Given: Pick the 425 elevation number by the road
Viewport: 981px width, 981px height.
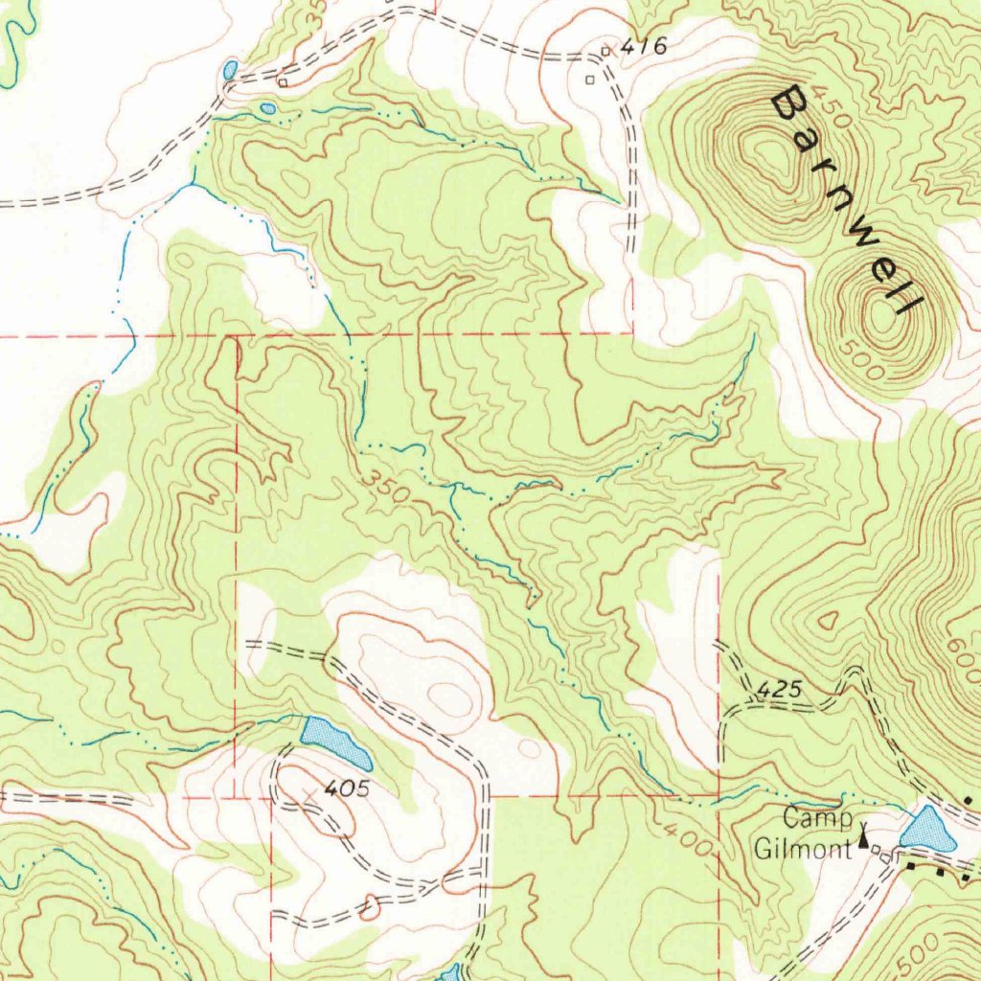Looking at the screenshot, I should point(775,689).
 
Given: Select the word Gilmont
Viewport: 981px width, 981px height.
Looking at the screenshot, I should point(802,848).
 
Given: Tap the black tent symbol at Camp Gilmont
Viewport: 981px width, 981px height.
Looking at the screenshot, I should point(865,839).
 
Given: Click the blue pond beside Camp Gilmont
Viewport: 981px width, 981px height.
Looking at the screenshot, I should point(927,830).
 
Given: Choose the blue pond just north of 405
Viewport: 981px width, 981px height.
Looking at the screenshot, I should point(335,741).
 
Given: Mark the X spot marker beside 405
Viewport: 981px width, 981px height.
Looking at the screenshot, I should point(308,794).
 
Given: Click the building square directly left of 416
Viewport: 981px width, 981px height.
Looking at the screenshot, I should point(605,51).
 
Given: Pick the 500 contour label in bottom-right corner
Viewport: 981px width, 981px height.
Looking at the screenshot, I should point(919,950).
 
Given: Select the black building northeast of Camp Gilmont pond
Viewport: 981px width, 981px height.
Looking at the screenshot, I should point(968,799).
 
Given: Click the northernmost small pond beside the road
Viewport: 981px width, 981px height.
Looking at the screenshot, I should point(230,70).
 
